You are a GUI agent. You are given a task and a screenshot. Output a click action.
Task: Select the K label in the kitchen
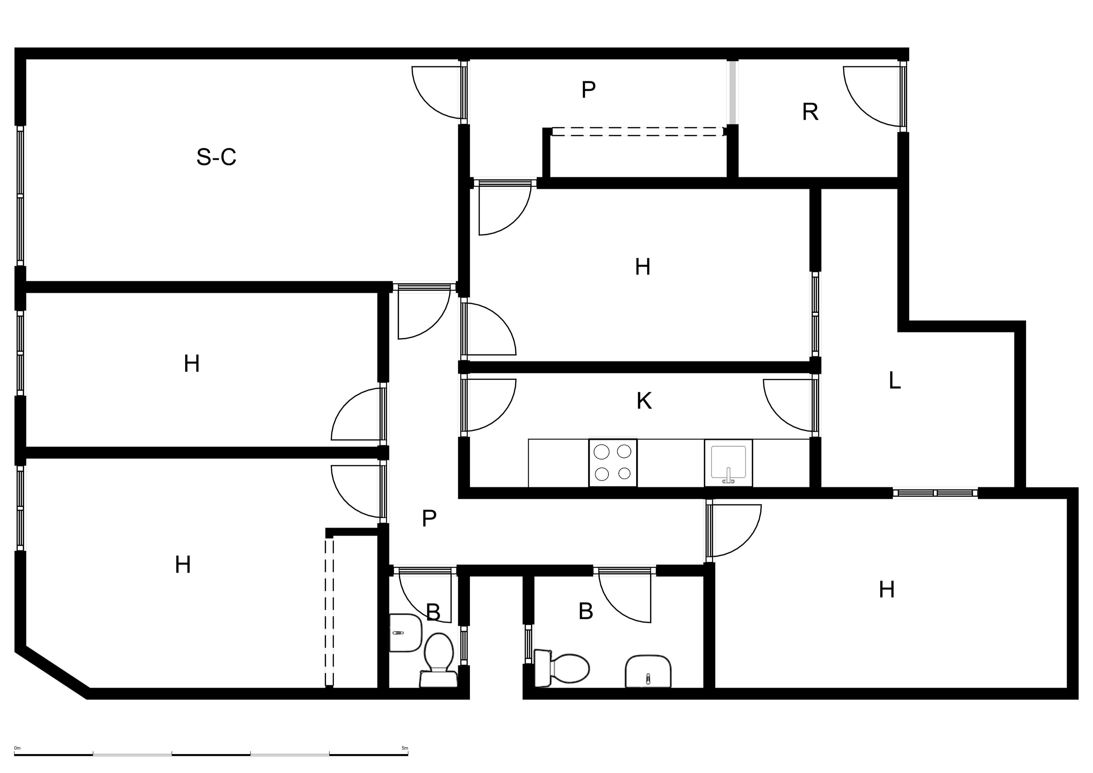click(x=644, y=401)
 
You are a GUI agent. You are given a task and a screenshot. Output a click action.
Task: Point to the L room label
click(x=895, y=381)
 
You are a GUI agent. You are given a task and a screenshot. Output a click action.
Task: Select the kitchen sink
click(x=728, y=463)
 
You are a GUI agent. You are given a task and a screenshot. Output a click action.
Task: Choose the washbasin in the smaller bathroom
click(x=406, y=633)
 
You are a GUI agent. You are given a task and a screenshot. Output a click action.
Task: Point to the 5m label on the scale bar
click(x=405, y=748)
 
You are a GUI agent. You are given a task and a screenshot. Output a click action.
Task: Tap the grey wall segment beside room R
click(x=733, y=93)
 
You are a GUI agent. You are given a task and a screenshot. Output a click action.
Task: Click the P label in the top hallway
click(x=588, y=89)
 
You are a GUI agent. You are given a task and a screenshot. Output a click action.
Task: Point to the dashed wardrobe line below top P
click(x=638, y=132)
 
